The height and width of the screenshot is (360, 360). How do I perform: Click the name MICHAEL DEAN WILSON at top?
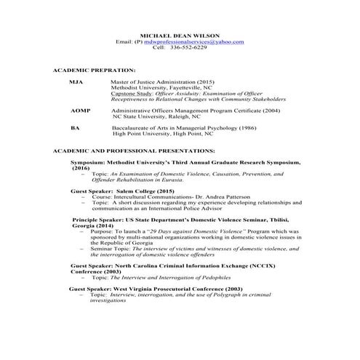click(x=181, y=36)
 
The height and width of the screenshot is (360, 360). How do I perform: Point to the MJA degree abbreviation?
click(x=76, y=82)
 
